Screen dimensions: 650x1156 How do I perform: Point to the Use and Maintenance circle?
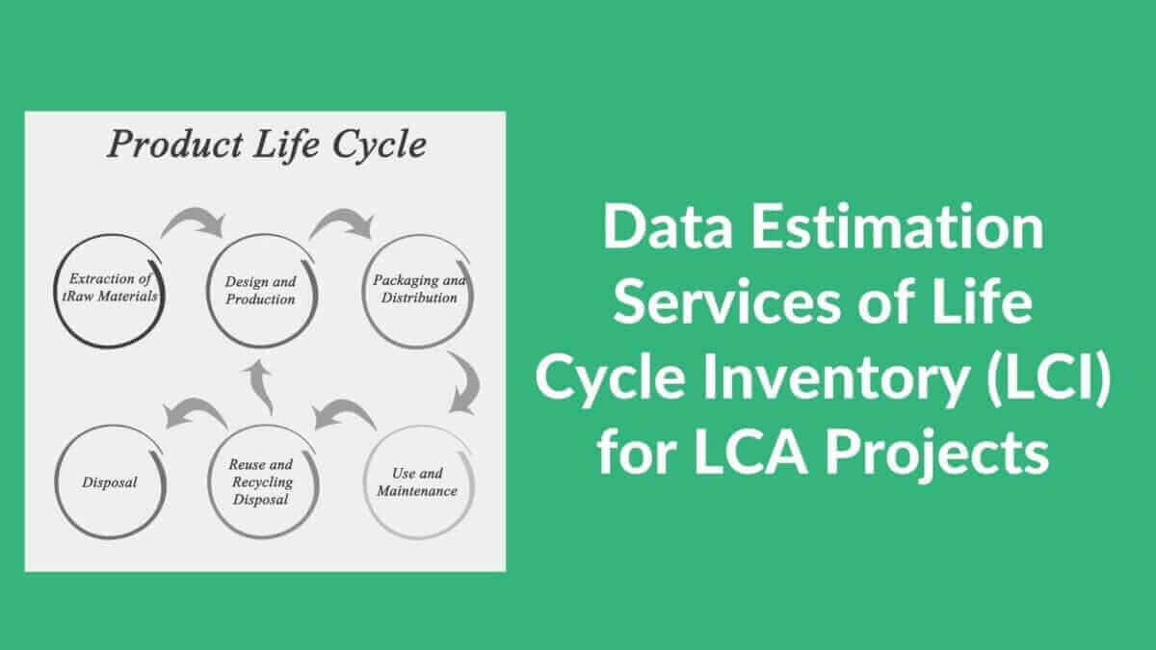pos(418,481)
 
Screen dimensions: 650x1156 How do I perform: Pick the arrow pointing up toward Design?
pos(258,386)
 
